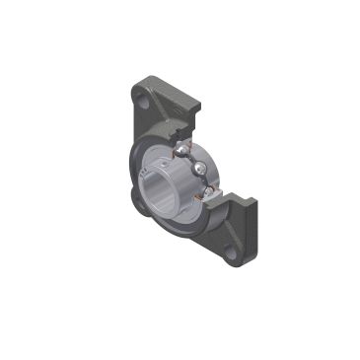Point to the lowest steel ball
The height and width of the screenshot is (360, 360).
coord(203,192)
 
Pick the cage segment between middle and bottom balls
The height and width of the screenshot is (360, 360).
coord(204,181)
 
